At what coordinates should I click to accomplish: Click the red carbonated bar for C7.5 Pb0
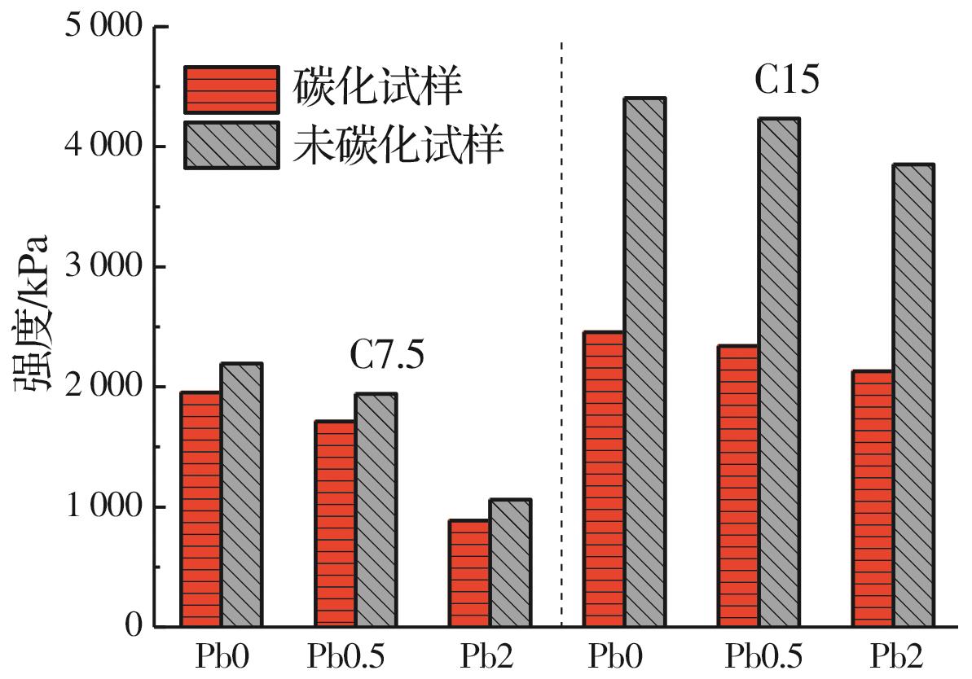200,509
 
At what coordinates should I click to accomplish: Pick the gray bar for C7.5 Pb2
510,563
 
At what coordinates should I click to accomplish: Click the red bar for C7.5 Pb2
469,573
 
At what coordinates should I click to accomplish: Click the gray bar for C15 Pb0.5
779,372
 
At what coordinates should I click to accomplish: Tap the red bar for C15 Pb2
873,498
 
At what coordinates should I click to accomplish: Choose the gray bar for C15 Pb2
913,396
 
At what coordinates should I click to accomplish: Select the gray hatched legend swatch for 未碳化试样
231,145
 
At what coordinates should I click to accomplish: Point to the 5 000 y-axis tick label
103,27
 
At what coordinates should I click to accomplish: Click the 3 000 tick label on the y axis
103,267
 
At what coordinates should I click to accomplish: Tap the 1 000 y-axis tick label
103,507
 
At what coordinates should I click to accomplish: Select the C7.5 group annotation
388,356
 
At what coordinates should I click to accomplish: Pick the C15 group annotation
785,81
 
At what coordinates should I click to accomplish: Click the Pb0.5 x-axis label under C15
763,656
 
